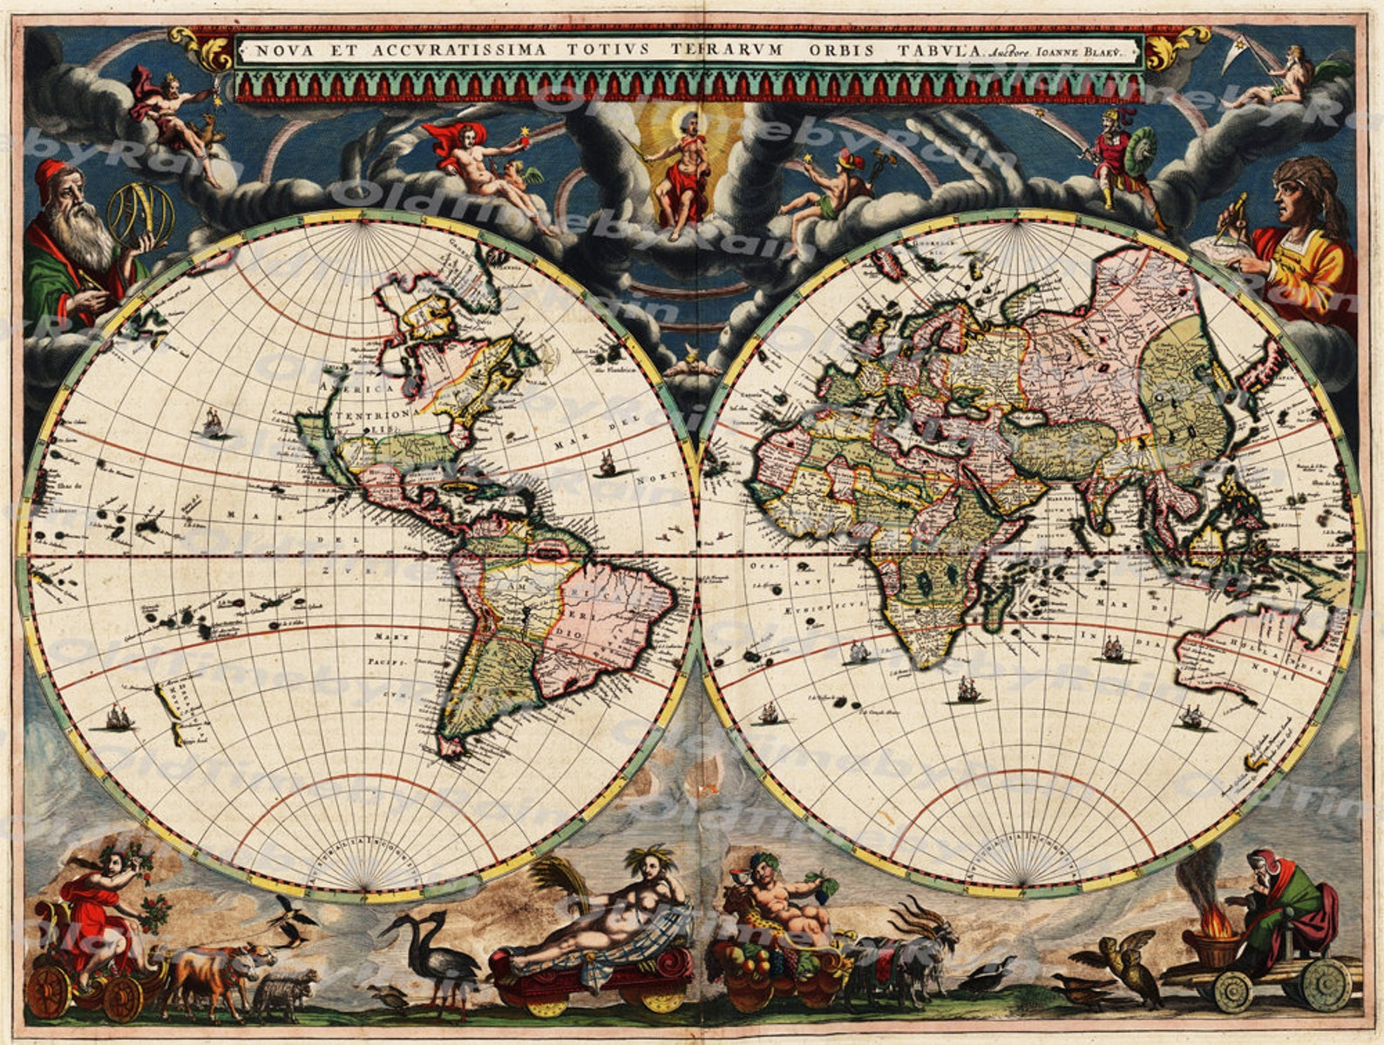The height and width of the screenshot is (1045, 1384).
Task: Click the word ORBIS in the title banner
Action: pos(845,49)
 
